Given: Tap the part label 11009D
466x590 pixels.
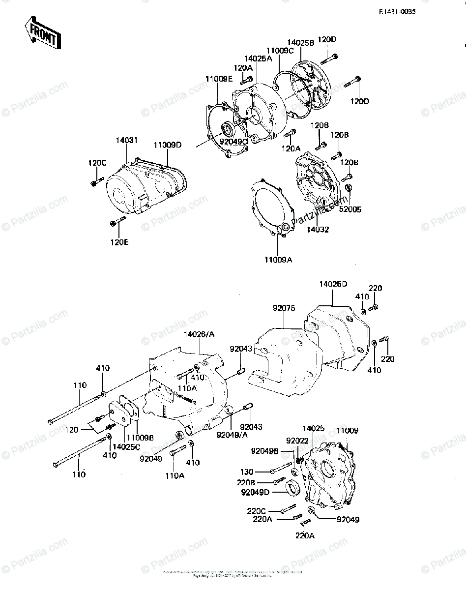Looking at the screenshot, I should (x=167, y=145).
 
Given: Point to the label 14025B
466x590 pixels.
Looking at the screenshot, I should (x=301, y=43).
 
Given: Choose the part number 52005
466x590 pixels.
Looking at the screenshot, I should (x=350, y=209).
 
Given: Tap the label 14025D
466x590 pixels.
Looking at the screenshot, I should (x=333, y=284).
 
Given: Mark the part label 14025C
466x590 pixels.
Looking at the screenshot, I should (x=126, y=446).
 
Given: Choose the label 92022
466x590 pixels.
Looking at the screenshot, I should (x=297, y=441).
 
